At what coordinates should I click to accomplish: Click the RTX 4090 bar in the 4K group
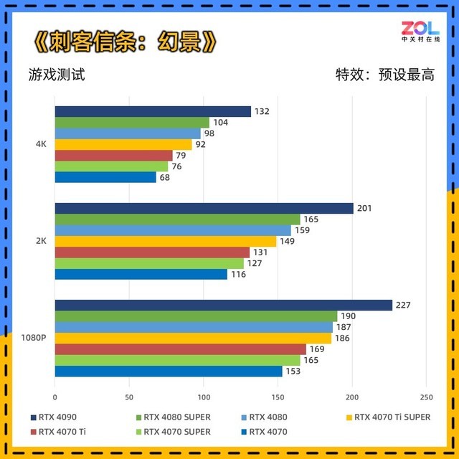click(x=153, y=111)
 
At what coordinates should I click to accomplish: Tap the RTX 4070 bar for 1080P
click(x=168, y=371)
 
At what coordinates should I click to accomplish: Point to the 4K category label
click(x=41, y=144)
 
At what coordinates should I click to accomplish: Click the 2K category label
click(x=41, y=241)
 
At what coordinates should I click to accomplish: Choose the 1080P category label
click(x=34, y=338)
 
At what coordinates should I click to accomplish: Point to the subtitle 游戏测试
click(x=57, y=74)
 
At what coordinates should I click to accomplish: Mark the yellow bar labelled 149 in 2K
click(x=165, y=241)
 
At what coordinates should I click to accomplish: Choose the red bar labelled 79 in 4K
click(x=113, y=156)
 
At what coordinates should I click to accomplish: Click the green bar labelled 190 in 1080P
click(x=196, y=316)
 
